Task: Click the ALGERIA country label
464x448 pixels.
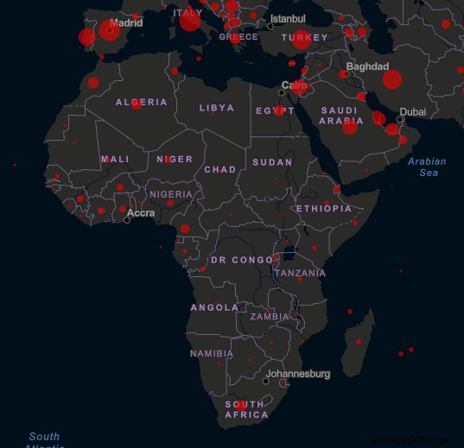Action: pos(142,103)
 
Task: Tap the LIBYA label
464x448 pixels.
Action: pos(216,108)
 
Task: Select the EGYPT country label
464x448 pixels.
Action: pos(276,110)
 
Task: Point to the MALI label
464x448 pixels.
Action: pos(115,159)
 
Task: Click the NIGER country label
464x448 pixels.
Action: pos(175,159)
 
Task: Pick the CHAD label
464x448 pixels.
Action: pos(219,169)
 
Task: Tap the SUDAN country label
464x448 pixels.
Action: pos(272,162)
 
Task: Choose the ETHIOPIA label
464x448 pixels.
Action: pos(323,209)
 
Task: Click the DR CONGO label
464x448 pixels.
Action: pos(241,260)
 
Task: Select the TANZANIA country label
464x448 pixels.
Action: pos(300,273)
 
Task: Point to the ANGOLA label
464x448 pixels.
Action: pos(214,307)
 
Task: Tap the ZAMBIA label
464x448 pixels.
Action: pos(270,317)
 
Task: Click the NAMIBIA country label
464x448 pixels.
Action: pos(212,353)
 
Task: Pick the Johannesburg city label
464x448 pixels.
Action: pos(298,374)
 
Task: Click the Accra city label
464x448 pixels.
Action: pos(141,213)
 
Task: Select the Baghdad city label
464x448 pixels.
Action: pos(367,66)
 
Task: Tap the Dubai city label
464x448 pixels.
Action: pos(412,111)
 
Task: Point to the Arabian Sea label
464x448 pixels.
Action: pos(428,167)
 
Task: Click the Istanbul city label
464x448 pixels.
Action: pos(288,19)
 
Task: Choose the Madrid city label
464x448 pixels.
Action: pos(126,23)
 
